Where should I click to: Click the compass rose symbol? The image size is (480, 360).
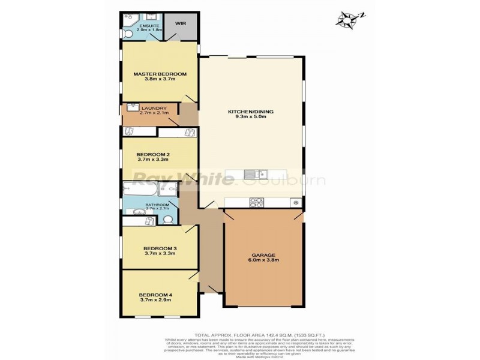[346, 19]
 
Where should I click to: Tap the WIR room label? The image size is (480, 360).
[181, 24]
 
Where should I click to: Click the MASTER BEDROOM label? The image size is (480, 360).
[160, 74]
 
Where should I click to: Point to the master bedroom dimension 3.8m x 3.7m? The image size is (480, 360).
[160, 80]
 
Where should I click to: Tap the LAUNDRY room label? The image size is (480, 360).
[154, 108]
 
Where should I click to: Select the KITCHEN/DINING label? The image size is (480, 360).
[247, 112]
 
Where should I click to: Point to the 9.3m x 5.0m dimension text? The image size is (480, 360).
[247, 118]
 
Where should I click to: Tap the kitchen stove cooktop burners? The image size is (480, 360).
[256, 202]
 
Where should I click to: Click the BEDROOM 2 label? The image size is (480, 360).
[153, 153]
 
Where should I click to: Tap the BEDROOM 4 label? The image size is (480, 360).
[155, 294]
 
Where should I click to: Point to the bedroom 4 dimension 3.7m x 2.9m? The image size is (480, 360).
[155, 301]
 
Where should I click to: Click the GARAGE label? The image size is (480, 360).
[263, 254]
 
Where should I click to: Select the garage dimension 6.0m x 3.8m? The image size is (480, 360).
[263, 261]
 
